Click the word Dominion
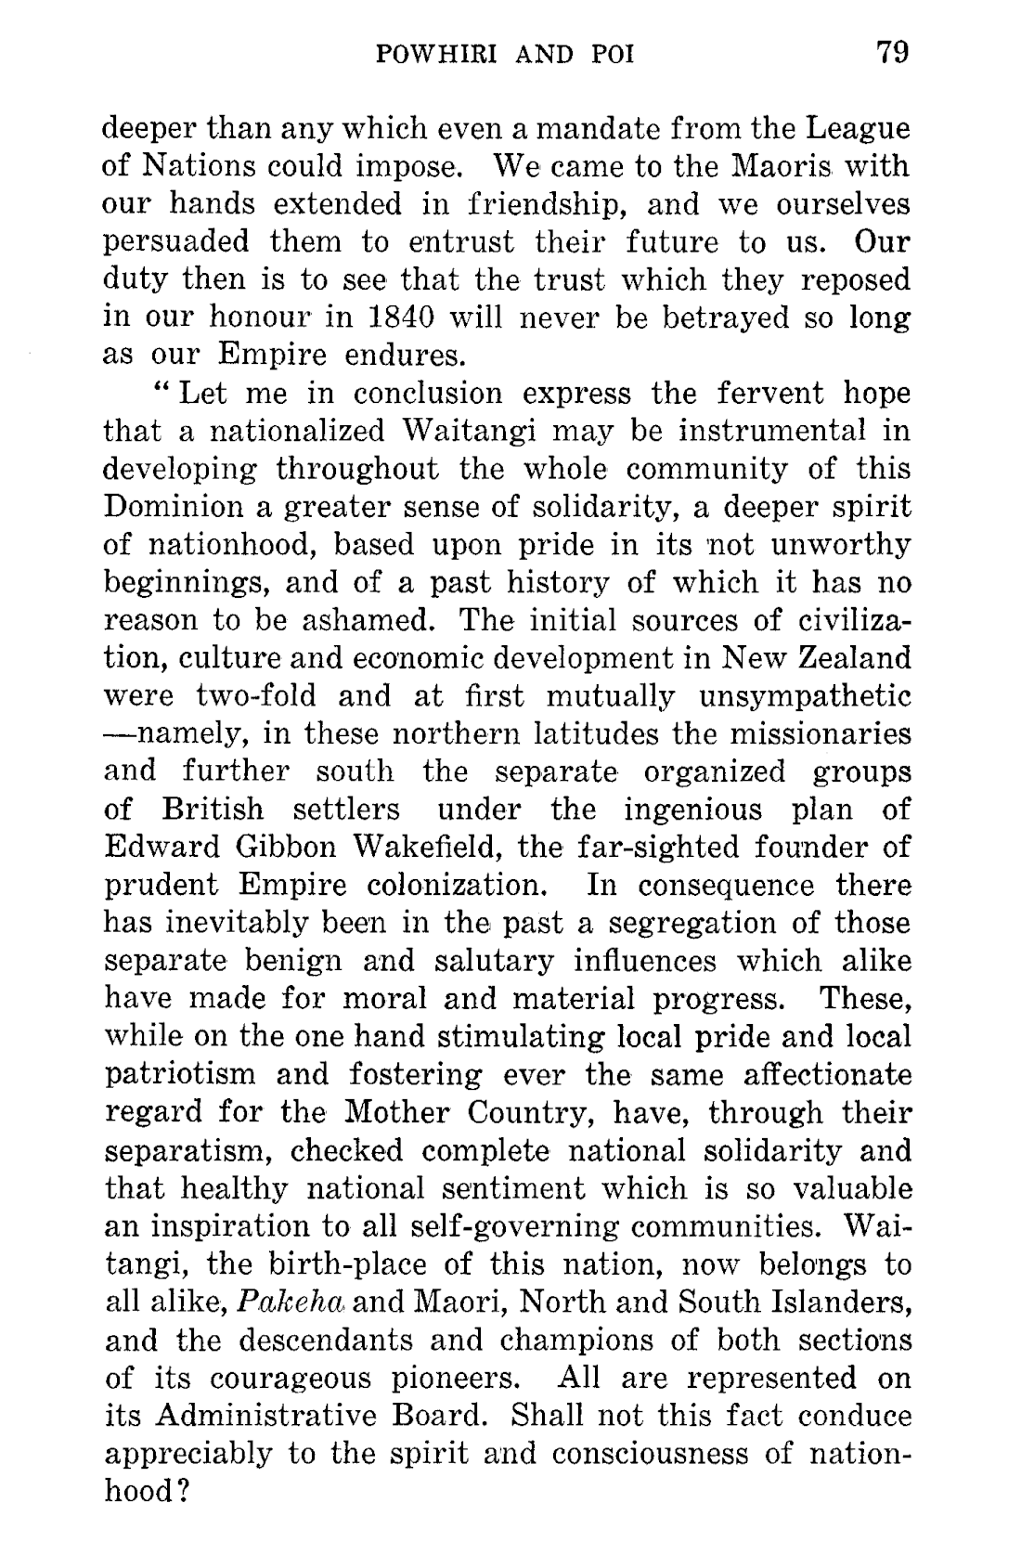163,507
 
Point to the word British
213,810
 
